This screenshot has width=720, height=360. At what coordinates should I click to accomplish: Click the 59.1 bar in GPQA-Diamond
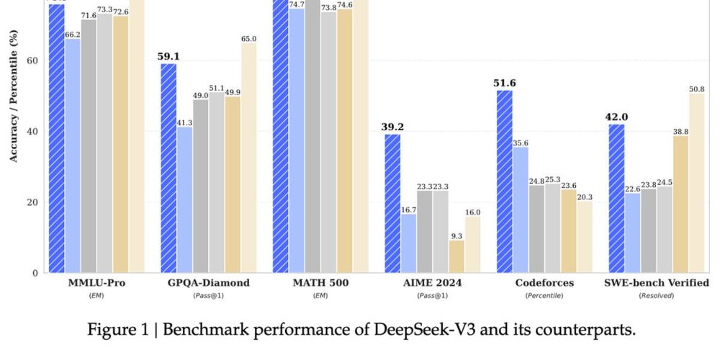click(x=168, y=168)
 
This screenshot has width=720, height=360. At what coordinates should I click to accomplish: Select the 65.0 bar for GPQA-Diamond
click(x=248, y=158)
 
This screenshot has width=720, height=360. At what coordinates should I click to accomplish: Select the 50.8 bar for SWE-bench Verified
click(x=696, y=184)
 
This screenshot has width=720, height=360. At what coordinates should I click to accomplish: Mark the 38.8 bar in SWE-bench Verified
click(x=680, y=204)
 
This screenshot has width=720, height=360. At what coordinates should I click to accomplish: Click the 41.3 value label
click(x=184, y=122)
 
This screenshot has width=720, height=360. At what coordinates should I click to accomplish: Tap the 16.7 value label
click(x=408, y=210)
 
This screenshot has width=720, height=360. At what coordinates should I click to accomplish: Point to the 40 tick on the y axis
click(x=34, y=132)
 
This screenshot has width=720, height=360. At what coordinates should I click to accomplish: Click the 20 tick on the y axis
click(x=34, y=202)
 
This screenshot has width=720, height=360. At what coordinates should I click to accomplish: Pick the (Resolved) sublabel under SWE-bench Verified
click(x=656, y=296)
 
